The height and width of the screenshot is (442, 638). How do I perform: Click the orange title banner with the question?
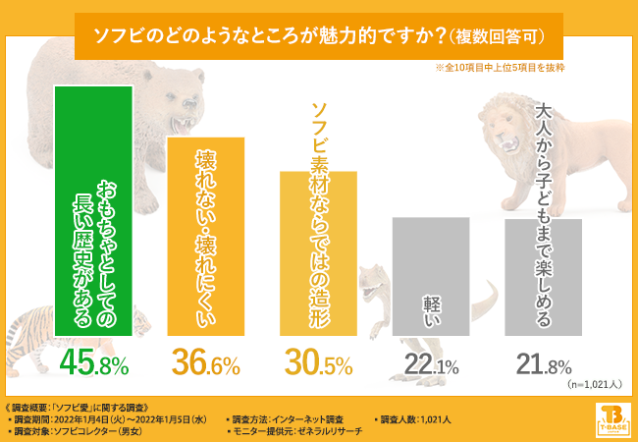(319, 36)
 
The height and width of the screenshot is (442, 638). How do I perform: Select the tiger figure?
(29, 334)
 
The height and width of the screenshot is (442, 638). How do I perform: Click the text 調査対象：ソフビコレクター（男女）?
(74, 430)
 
